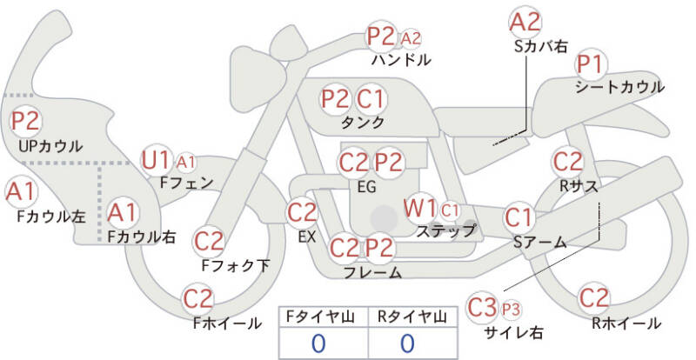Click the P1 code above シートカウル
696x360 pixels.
pyautogui.click(x=591, y=65)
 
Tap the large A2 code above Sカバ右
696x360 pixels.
pyautogui.click(x=525, y=23)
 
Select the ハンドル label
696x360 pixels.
pyautogui.click(x=401, y=59)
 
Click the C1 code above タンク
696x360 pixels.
pyautogui.click(x=371, y=99)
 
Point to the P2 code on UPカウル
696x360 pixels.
pyautogui.click(x=26, y=122)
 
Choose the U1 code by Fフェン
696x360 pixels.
pyautogui.click(x=156, y=161)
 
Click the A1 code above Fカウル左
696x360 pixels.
pyautogui.click(x=20, y=192)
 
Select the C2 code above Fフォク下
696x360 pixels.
pyautogui.click(x=209, y=242)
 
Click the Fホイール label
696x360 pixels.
pyautogui.click(x=227, y=323)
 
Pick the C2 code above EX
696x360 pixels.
pyautogui.click(x=302, y=213)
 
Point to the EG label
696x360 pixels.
pyautogui.click(x=366, y=187)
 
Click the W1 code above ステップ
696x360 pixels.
pyautogui.click(x=419, y=208)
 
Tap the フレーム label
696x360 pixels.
pyautogui.click(x=373, y=272)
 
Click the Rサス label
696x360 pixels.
pyautogui.click(x=579, y=186)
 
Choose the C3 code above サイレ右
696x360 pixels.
pyautogui.click(x=482, y=308)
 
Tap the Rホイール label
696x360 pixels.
pyautogui.click(x=626, y=323)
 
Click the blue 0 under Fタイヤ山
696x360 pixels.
pyautogui.click(x=318, y=343)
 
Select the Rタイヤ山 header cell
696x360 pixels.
pyautogui.click(x=412, y=317)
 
